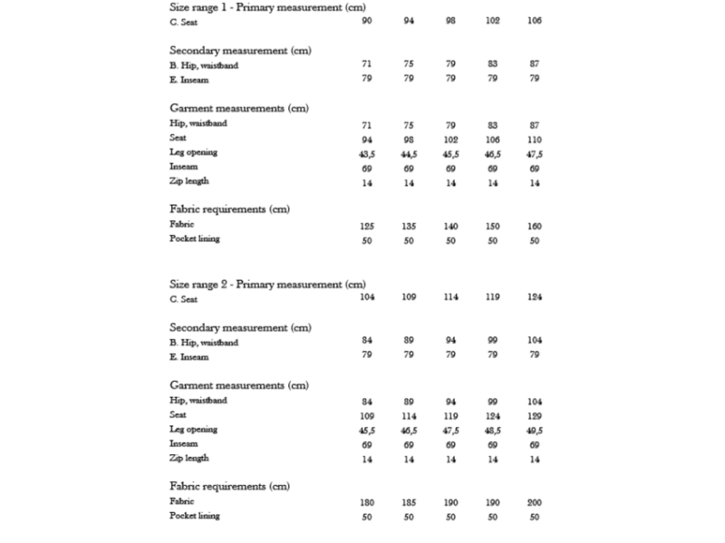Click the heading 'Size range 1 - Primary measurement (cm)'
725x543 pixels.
coord(267,7)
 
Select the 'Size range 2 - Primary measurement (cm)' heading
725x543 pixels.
coord(267,284)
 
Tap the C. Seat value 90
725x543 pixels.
coord(366,21)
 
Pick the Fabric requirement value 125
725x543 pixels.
coord(366,226)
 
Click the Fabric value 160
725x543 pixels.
coord(535,226)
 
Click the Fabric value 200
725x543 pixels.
coord(535,501)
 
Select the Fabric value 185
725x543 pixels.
coord(409,501)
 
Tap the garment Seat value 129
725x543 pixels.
coord(535,415)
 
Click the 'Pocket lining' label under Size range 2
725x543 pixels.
coord(194,516)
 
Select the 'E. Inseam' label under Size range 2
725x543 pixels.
coord(188,356)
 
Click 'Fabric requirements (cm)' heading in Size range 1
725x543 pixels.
coord(229,209)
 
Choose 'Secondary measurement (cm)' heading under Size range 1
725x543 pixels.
coord(240,50)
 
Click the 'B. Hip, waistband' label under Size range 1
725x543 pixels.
coord(204,65)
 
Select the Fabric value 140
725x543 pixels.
coord(450,226)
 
